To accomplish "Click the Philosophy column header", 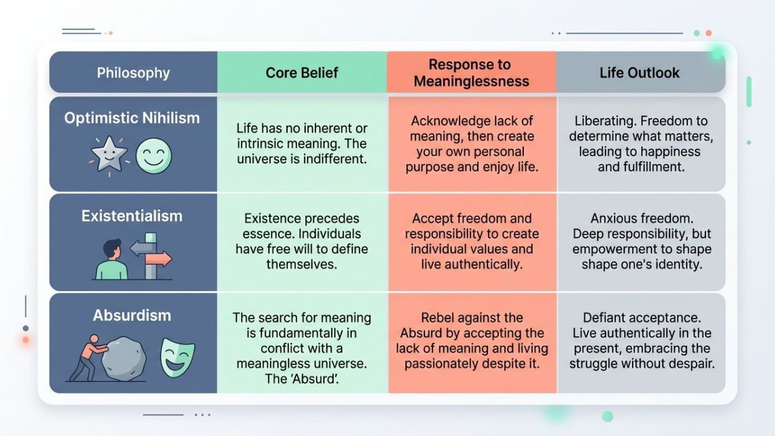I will click(133, 73).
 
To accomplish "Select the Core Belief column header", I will click(302, 73).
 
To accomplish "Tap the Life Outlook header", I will click(639, 73).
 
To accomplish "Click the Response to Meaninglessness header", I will click(471, 73).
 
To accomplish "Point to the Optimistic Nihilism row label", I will click(132, 117).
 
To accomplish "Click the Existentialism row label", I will click(132, 216).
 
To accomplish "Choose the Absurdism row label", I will click(132, 315).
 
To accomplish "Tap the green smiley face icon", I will click(154, 156).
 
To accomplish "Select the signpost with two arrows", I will click(150, 255).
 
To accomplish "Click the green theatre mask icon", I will click(177, 357).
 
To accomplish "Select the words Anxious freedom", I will click(641, 219).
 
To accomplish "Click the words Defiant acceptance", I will click(641, 317).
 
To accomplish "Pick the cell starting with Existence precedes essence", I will click(302, 241).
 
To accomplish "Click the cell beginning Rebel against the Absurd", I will click(472, 340).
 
